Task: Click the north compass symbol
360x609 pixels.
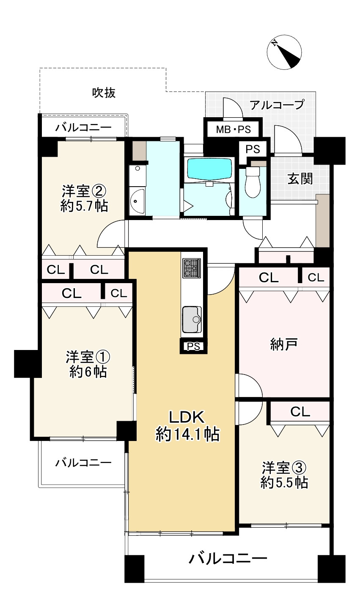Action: pyautogui.click(x=284, y=53)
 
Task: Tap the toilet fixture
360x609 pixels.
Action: pyautogui.click(x=253, y=183)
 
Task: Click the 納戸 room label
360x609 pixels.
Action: pyautogui.click(x=283, y=345)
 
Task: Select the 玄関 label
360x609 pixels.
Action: pyautogui.click(x=300, y=179)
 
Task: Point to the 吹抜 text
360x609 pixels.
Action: pyautogui.click(x=104, y=93)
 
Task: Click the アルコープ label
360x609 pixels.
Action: pyautogui.click(x=276, y=105)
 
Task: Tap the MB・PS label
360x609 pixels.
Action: pyautogui.click(x=234, y=130)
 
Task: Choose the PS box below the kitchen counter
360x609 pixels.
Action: pyautogui.click(x=193, y=346)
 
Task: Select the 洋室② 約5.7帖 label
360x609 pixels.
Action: pyautogui.click(x=83, y=198)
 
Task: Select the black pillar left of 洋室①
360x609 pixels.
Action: pyautogui.click(x=27, y=363)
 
